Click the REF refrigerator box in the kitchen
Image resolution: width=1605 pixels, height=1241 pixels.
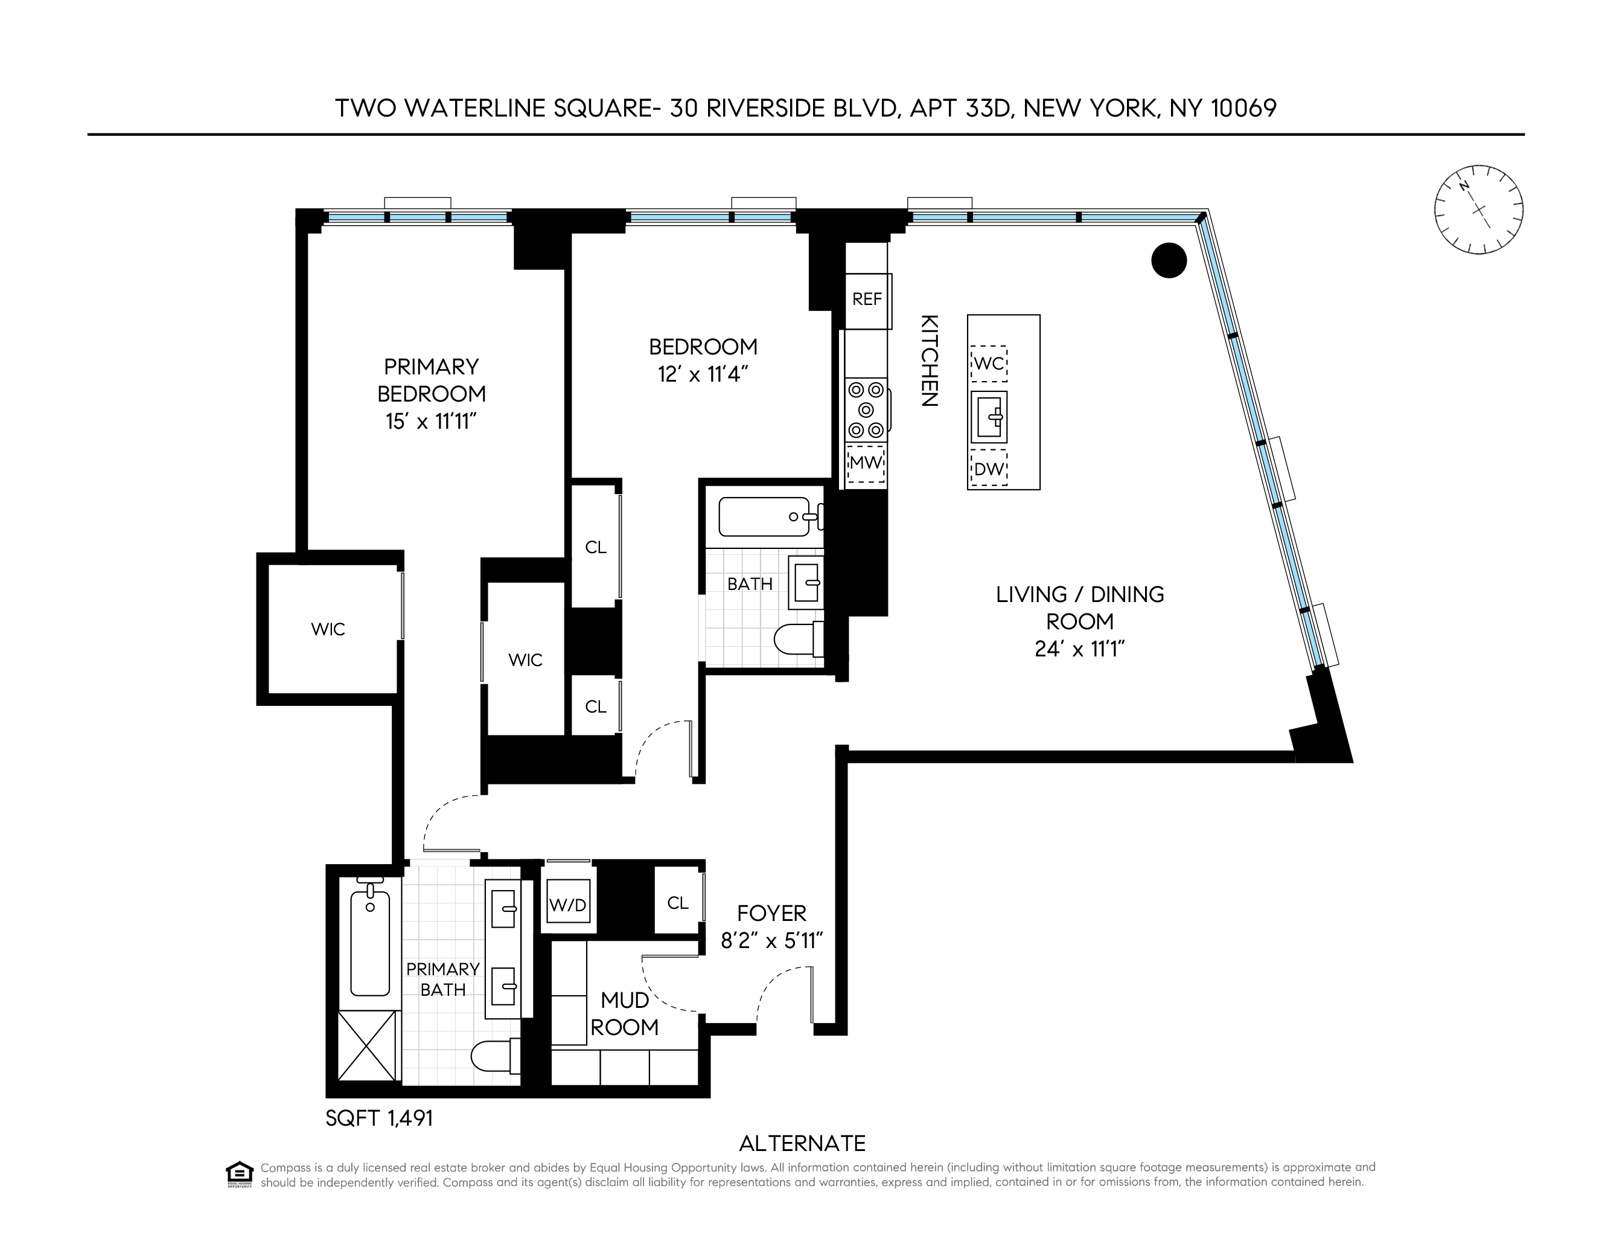pos(867,300)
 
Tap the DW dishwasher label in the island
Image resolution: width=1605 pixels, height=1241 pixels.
pos(989,469)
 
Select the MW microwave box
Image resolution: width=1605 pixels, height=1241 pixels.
pos(866,463)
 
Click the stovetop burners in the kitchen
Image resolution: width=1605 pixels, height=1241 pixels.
pos(866,409)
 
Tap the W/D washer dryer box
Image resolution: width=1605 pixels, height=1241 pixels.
pos(568,905)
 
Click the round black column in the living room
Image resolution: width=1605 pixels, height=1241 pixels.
pos(1169,260)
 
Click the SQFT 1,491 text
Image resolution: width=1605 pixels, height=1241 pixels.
pos(379,1118)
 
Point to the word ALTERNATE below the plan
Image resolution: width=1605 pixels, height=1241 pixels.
pos(803,1143)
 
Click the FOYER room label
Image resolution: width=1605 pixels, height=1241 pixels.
pos(771,913)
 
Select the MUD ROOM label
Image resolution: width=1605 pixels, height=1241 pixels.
pos(625,1013)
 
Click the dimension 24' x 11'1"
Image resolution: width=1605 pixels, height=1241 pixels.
pos(1079,649)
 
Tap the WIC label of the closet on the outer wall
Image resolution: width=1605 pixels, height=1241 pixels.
pos(328,629)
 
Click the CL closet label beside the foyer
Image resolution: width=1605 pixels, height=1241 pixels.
pos(678,903)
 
